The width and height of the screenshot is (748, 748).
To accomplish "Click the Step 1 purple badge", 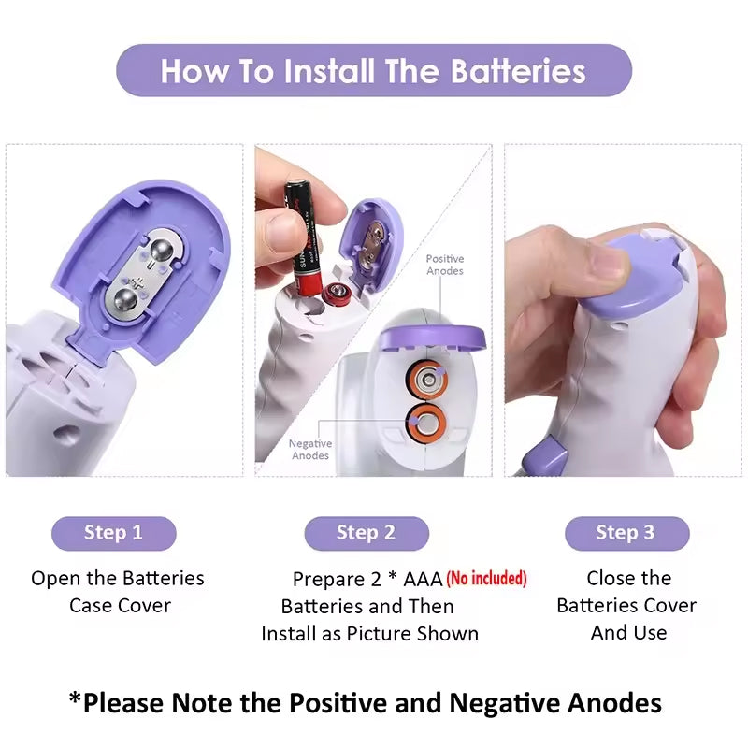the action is (113, 533).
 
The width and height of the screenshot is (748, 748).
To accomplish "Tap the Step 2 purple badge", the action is (367, 533).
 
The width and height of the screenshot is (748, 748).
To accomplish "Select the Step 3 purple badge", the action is (626, 533).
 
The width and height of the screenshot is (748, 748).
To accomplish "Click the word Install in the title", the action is (329, 71).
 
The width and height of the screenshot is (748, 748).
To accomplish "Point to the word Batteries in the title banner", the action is (518, 71).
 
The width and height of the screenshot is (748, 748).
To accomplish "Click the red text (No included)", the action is (486, 578).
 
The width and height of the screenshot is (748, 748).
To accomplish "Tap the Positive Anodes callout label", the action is (445, 265).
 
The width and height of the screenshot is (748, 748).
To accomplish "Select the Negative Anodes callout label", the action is (310, 450).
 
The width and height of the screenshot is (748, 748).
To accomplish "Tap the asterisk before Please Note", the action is (76, 698).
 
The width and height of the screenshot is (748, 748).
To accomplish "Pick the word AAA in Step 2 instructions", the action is (423, 580).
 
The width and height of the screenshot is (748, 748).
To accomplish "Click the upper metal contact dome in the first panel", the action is (162, 250).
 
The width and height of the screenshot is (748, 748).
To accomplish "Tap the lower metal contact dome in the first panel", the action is (126, 299).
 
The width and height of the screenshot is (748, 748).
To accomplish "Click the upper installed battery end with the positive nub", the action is (426, 380).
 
